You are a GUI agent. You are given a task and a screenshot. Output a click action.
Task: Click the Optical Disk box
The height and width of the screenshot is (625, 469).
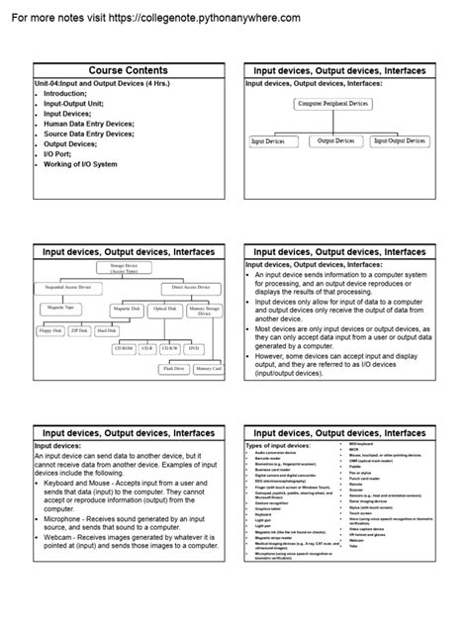(x=163, y=310)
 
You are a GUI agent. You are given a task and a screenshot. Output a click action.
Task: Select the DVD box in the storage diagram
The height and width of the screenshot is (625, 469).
(x=194, y=348)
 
